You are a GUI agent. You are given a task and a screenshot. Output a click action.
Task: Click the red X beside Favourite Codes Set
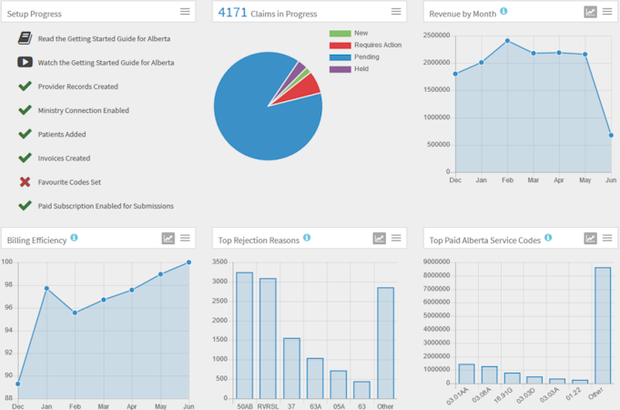[x=25, y=182]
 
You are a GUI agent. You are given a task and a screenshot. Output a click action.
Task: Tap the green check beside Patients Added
[x=25, y=134]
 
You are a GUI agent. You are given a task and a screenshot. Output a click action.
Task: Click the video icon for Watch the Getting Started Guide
[x=25, y=63]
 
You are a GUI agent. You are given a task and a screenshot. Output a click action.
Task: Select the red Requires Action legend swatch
[x=340, y=46]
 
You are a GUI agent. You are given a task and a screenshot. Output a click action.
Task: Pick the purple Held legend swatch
[x=340, y=69]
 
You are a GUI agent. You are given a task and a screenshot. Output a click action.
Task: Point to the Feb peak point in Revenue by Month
[x=507, y=41]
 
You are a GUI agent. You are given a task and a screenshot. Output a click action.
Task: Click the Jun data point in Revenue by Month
[x=611, y=135]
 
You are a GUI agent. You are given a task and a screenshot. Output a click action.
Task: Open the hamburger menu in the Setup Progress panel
[x=185, y=12]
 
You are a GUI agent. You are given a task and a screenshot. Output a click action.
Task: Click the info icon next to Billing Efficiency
[x=74, y=238]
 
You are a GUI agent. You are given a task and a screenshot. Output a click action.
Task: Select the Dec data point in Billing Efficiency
[x=18, y=384]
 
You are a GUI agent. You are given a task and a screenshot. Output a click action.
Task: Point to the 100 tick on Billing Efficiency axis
[x=6, y=262]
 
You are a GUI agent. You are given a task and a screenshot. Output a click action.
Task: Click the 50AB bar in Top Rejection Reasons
[x=244, y=334]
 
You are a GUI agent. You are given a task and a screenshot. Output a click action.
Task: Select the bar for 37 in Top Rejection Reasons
[x=291, y=367]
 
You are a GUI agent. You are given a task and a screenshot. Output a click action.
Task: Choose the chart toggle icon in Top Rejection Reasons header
[x=379, y=239]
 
